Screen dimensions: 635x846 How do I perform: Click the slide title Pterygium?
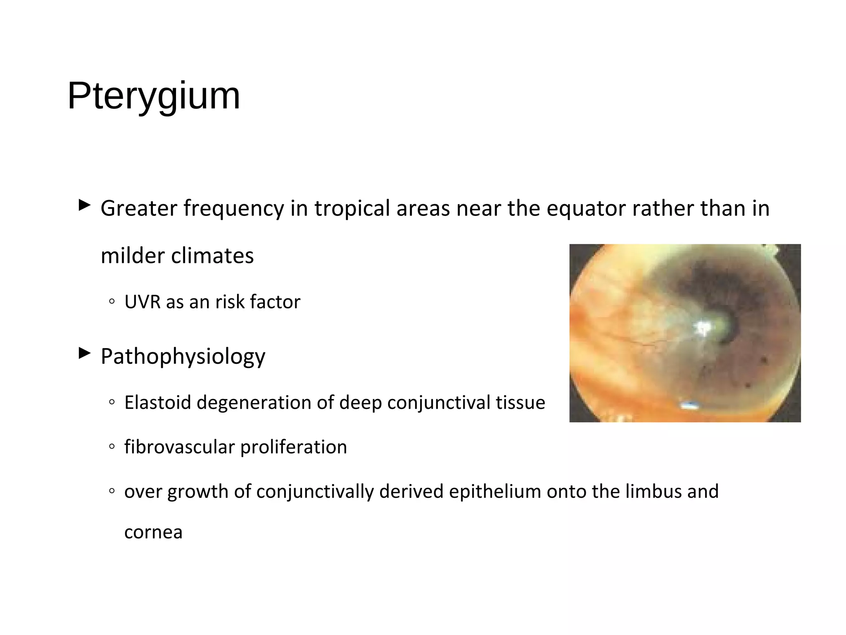[x=154, y=96]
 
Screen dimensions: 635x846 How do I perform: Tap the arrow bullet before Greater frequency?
[x=84, y=205]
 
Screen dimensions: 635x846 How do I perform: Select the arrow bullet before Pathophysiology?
[x=84, y=353]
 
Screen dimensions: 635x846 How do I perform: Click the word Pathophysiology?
[x=183, y=356]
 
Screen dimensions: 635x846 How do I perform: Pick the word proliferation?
[x=294, y=447]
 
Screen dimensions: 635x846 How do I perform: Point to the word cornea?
[x=153, y=532]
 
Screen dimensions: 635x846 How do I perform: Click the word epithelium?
[x=494, y=492]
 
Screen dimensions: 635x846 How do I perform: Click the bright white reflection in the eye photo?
[x=703, y=327]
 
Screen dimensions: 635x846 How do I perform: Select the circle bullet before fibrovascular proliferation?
[x=112, y=447]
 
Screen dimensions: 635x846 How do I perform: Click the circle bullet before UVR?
[x=112, y=302]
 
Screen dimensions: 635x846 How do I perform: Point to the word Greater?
[x=139, y=208]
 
